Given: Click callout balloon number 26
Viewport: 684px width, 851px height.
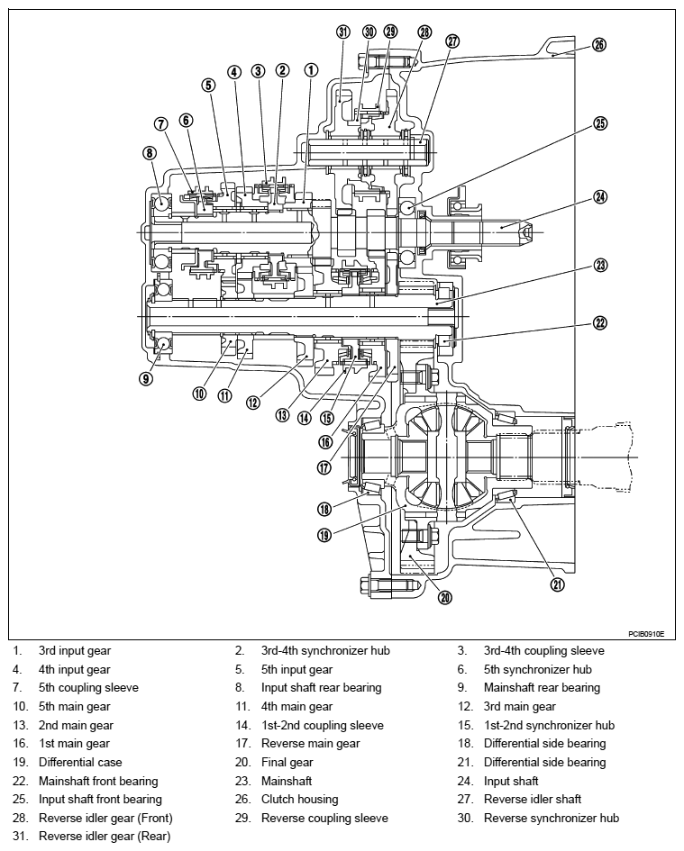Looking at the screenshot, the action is click(599, 44).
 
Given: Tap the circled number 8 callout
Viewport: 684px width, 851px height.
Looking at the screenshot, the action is click(150, 152).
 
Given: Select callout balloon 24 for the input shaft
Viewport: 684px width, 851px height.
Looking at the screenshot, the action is click(600, 196).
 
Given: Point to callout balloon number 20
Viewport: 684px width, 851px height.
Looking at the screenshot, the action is click(445, 597).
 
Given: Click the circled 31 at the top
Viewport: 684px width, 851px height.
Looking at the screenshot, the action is click(342, 32).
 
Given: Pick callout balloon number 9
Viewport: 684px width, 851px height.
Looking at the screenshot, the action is click(146, 378).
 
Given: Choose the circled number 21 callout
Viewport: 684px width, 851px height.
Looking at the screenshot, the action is click(558, 584).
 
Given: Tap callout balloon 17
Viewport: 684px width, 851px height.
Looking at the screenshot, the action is click(324, 466).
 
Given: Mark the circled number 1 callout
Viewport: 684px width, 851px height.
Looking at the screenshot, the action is click(311, 70).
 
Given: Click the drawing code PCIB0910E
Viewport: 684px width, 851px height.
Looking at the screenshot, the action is click(646, 633).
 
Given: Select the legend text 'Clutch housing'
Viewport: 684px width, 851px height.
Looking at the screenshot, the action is click(299, 799).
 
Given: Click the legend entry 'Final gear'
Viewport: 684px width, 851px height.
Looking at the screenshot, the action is click(287, 762).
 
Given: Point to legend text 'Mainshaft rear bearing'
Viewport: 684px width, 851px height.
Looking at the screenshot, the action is click(542, 688).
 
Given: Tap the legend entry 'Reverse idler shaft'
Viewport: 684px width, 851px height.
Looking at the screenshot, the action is click(532, 799).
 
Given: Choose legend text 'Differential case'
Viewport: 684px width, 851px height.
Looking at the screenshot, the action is click(80, 762).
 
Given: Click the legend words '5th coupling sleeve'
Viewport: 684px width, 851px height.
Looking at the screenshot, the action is click(88, 688).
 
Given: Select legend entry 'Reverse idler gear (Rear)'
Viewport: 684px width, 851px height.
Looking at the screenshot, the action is click(105, 837).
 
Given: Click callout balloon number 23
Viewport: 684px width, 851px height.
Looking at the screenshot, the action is click(600, 265).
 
